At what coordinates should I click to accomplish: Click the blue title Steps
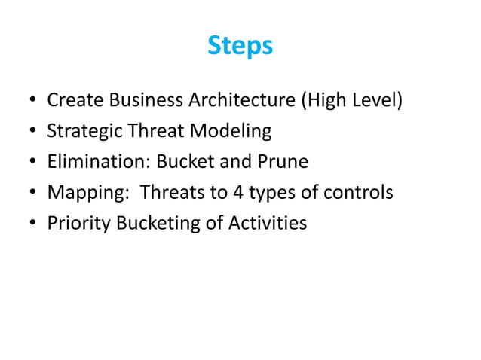click(240, 47)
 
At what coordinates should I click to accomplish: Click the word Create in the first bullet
click(72, 100)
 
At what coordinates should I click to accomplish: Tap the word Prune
click(286, 162)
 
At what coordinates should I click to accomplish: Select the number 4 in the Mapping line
click(237, 193)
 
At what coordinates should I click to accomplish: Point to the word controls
click(360, 193)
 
